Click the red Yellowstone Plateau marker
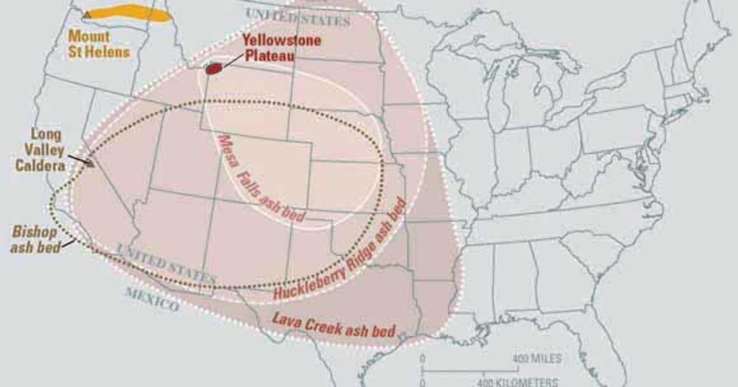click(213, 68)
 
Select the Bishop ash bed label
click(36, 240)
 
